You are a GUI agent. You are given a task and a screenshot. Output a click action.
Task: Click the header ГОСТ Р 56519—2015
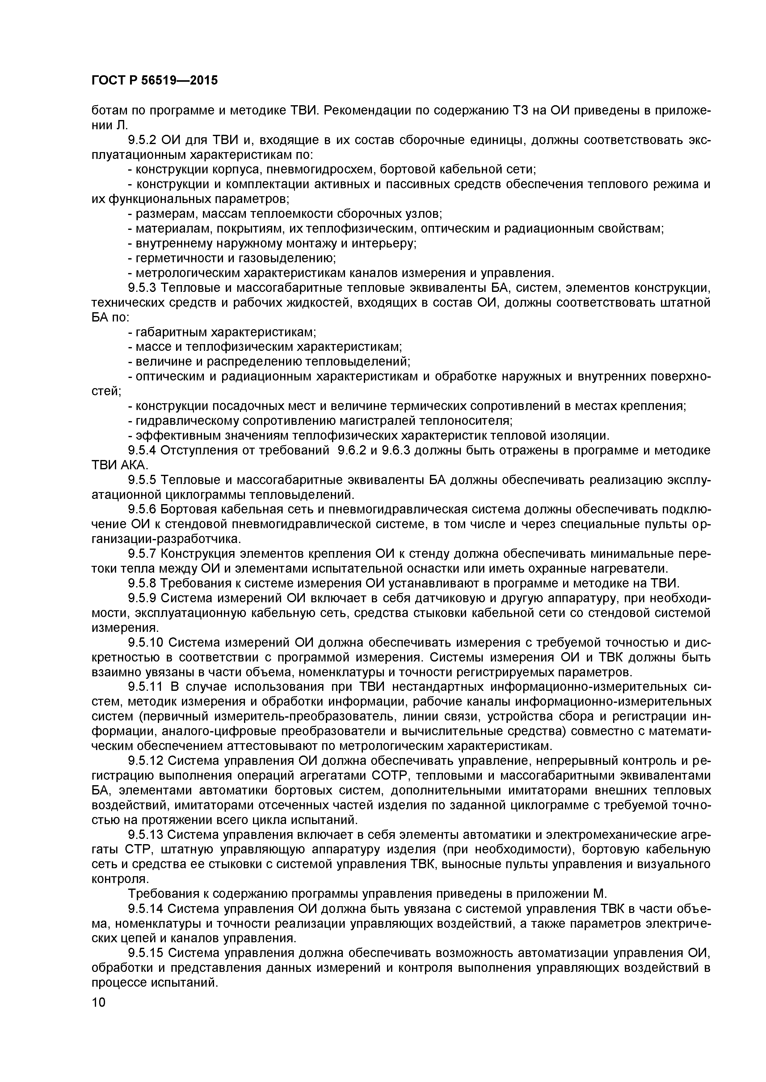coord(154,81)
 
